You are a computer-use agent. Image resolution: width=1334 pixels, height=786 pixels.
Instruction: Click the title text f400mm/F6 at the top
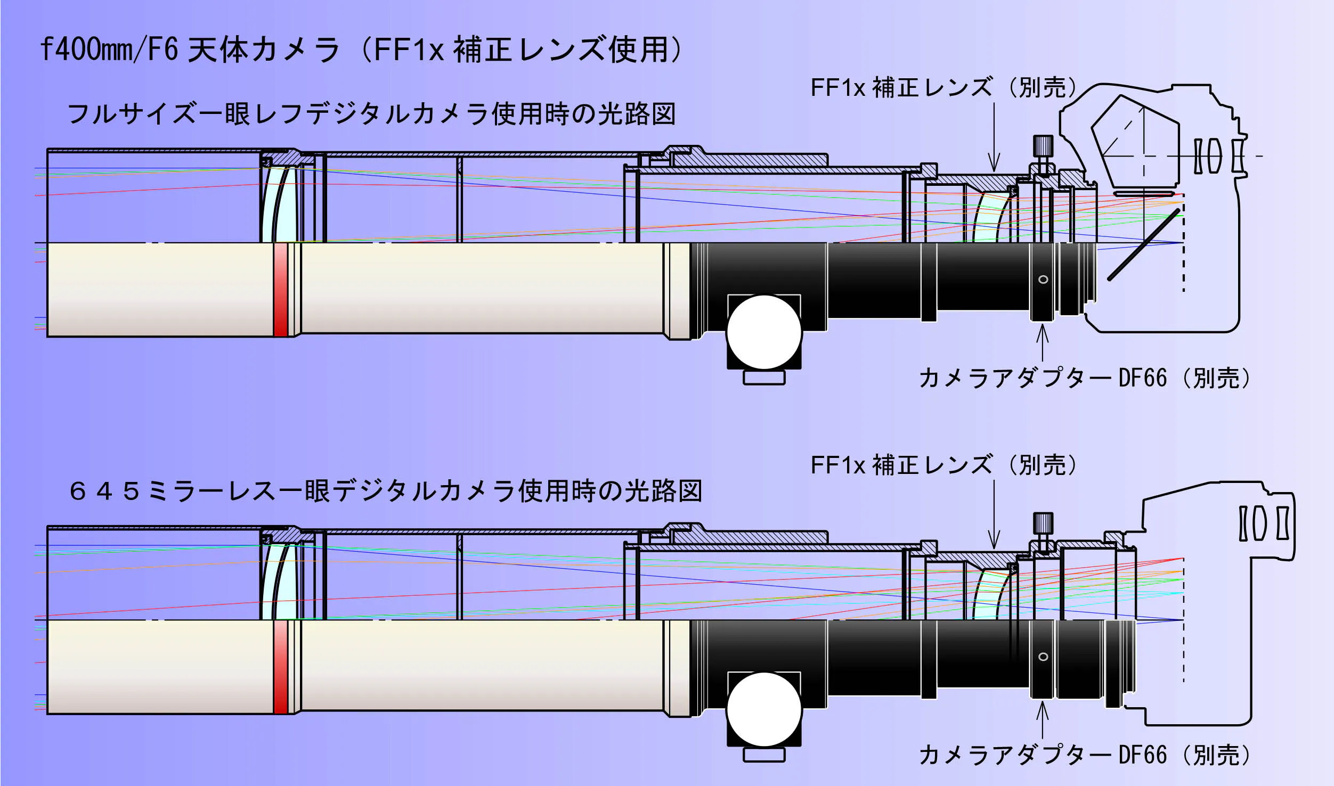tap(109, 49)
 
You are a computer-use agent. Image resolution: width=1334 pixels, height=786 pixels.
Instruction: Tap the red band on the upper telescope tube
tap(280, 290)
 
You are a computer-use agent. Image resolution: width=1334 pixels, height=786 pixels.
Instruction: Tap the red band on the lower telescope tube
tap(280, 667)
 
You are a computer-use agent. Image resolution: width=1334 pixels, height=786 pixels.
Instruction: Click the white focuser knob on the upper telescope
tap(764, 332)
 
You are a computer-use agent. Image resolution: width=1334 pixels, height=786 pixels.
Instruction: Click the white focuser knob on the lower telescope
tap(764, 709)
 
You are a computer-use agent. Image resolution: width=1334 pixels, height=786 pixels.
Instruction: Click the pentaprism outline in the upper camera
tap(1135, 142)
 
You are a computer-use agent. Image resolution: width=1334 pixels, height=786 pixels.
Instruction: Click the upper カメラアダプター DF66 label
tap(1084, 378)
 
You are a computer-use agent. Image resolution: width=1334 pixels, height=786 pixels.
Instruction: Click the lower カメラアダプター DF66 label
tap(1084, 755)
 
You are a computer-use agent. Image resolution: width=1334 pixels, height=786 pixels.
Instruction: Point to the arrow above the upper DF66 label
tap(1043, 343)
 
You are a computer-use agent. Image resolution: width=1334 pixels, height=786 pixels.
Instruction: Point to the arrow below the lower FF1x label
tap(994, 514)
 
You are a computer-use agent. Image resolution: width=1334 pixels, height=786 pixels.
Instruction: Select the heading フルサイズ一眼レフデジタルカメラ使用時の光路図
tap(372, 114)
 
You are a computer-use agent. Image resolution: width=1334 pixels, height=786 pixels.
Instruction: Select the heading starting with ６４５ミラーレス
tap(386, 491)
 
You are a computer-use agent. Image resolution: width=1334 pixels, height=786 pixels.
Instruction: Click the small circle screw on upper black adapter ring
tap(1043, 280)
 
